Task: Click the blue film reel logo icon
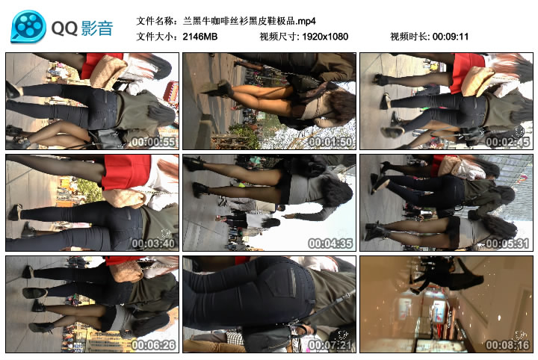point(28,26)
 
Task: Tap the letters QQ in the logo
point(64,28)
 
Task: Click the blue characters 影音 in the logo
point(97,28)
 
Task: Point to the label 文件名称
point(155,21)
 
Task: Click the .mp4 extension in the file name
point(306,21)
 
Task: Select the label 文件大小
point(155,37)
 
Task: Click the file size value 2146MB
point(200,37)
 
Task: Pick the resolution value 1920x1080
point(325,37)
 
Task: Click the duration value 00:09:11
point(451,37)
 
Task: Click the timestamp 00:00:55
point(153,142)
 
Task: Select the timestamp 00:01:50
point(330,142)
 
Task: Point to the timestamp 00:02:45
point(507,142)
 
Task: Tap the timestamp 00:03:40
point(153,243)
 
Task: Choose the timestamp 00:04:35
point(330,243)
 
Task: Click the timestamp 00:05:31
point(507,243)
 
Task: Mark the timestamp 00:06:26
point(153,345)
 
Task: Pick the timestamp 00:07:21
point(330,345)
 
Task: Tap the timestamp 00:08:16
point(507,345)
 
